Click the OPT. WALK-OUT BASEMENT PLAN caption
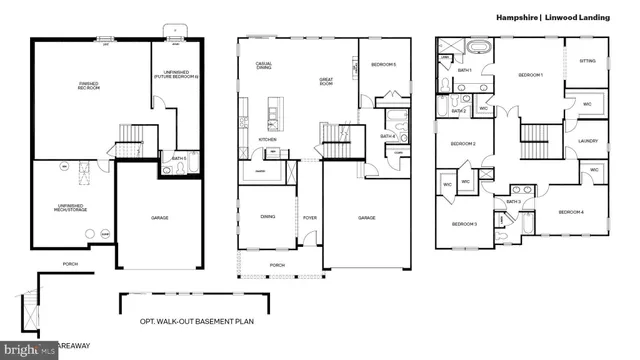pos(201,324)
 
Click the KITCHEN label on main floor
pos(267,139)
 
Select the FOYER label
pos(310,216)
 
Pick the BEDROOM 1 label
pos(530,76)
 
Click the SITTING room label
pos(587,61)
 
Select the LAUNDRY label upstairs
pos(588,141)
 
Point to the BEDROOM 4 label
pos(571,212)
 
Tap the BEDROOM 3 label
pos(464,224)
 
